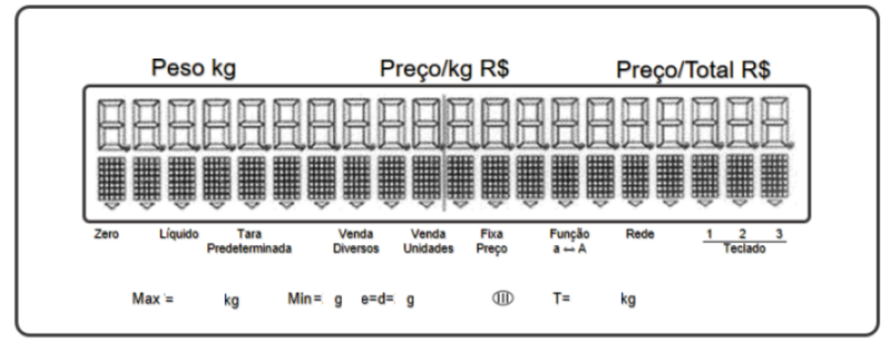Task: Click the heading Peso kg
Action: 194,68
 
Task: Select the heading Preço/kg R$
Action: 444,69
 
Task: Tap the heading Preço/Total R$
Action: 693,71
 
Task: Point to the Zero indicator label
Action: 107,234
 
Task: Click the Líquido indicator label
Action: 179,234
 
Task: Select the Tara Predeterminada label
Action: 249,241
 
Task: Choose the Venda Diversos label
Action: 356,241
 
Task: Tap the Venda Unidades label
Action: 428,241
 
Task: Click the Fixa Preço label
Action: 492,241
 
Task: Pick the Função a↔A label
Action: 570,241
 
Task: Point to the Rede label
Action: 639,234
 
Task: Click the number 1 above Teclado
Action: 709,233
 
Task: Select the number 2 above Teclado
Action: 743,233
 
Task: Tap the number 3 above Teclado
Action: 779,233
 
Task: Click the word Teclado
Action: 744,249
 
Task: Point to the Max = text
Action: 153,298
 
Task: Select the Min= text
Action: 305,298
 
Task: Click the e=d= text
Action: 377,299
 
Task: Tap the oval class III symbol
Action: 502,298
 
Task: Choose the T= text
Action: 561,298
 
